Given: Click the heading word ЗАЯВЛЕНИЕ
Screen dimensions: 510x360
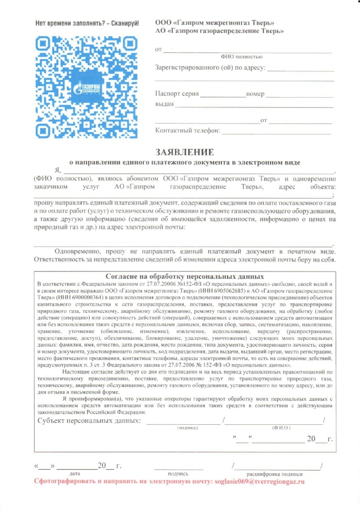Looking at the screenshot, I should point(185,151).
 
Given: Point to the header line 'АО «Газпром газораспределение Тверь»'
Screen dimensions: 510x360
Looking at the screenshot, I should point(220,31).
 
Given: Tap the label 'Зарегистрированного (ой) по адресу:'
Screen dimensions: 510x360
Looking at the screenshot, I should point(211,68).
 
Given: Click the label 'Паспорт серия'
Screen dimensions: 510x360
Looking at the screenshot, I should point(177,94).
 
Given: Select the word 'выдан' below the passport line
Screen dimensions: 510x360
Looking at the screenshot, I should point(164,104).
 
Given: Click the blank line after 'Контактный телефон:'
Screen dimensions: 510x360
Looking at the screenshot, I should point(276,132).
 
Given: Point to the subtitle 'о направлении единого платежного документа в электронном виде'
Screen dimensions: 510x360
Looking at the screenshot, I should point(184,162).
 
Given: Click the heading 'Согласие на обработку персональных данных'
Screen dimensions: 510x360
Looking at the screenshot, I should point(185,275).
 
